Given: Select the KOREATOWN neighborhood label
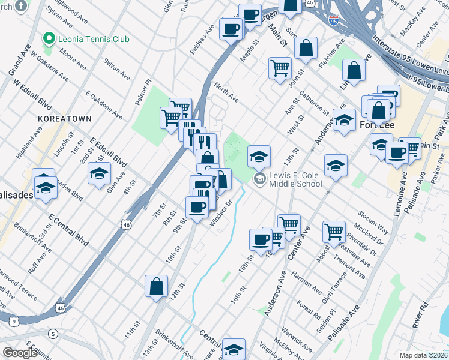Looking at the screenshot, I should click(x=64, y=119).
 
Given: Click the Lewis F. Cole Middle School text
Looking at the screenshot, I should click(x=295, y=179).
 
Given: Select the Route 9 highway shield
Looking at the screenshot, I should click(x=13, y=322).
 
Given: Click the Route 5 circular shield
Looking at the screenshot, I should click(x=53, y=334).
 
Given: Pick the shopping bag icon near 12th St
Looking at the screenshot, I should click(x=156, y=287).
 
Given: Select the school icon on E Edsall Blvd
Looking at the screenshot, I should click(x=99, y=175).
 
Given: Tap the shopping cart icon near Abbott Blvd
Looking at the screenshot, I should click(x=334, y=231).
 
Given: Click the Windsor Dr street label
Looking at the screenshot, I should click(x=220, y=214).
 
